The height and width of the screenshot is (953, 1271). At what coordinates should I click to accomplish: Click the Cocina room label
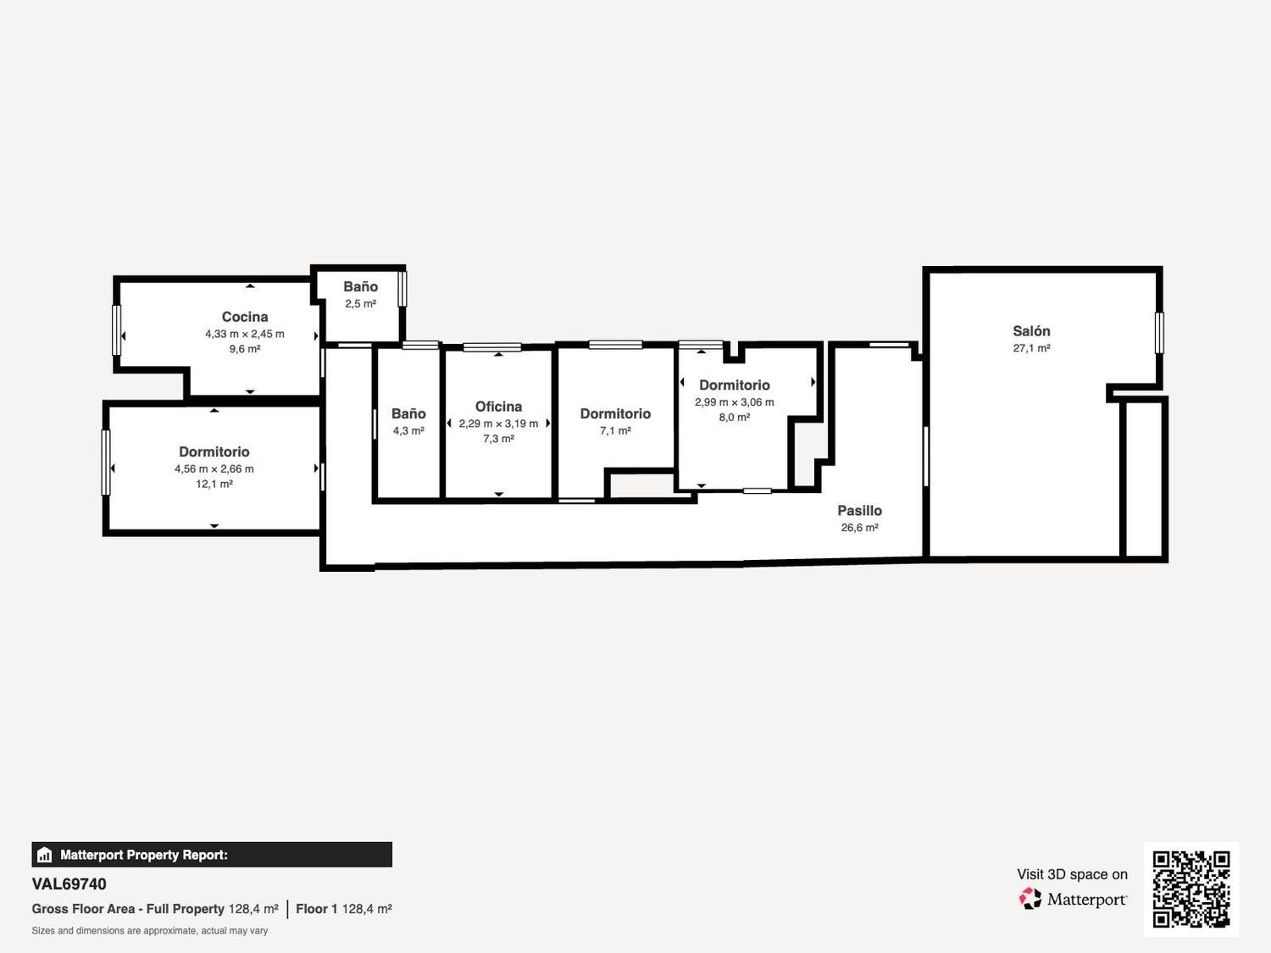(244, 317)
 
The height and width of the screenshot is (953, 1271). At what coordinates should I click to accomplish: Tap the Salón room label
(1031, 331)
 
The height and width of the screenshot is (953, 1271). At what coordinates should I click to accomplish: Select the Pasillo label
(859, 510)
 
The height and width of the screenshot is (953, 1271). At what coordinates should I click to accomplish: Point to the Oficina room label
(498, 407)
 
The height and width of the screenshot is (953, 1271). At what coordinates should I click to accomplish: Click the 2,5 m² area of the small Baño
(361, 303)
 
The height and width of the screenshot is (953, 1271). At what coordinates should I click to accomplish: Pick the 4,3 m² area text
(408, 430)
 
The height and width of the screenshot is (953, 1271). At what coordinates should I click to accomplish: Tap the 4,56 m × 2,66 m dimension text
(214, 468)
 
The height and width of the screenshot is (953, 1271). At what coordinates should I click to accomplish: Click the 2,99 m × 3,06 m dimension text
(735, 402)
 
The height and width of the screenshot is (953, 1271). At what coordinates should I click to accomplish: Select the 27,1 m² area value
(1031, 348)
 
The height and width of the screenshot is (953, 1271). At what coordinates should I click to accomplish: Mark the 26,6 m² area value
(859, 527)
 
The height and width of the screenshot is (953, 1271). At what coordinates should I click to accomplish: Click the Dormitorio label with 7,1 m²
(615, 413)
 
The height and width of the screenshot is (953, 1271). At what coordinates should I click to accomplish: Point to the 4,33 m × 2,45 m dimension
(244, 334)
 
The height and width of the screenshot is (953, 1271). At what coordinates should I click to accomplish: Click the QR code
(1191, 889)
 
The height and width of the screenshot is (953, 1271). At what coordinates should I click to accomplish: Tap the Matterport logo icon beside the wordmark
(1030, 899)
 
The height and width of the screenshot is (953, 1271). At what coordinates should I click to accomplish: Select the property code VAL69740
(69, 884)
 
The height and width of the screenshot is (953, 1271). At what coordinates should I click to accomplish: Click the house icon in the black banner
(44, 855)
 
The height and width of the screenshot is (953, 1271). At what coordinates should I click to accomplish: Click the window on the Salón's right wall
(1159, 333)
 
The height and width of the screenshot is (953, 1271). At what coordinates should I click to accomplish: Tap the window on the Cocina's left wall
(116, 330)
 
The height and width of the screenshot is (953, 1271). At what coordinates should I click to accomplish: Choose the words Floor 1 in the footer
(316, 909)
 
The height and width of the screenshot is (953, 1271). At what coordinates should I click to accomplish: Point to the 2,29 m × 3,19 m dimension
(498, 424)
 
